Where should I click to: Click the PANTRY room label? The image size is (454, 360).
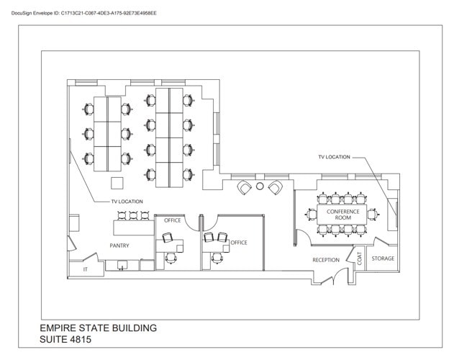pyautogui.click(x=119, y=246)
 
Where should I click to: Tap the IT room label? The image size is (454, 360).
pyautogui.click(x=85, y=269)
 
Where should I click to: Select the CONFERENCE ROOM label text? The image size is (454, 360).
pyautogui.click(x=343, y=214)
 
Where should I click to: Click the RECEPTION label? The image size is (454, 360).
pyautogui.click(x=325, y=260)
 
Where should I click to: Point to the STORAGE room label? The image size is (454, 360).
pyautogui.click(x=383, y=258)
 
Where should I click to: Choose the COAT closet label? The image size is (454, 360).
pyautogui.click(x=360, y=258)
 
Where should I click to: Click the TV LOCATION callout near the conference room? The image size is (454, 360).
pyautogui.click(x=334, y=157)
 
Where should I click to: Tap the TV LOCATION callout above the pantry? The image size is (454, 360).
pyautogui.click(x=127, y=202)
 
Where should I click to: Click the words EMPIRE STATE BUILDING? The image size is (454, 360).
pyautogui.click(x=99, y=328)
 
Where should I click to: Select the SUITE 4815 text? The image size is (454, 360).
pyautogui.click(x=65, y=339)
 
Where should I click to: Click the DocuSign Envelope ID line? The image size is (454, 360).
pyautogui.click(x=84, y=13)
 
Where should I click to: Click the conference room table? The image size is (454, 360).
pyautogui.click(x=343, y=214)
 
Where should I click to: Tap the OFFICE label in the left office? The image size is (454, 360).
pyautogui.click(x=172, y=220)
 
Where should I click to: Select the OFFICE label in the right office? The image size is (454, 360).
pyautogui.click(x=239, y=243)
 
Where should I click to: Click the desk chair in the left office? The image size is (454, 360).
pyautogui.click(x=171, y=257)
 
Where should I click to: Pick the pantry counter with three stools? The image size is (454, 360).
pyautogui.click(x=134, y=228)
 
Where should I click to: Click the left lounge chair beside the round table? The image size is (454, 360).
pyautogui.click(x=245, y=187)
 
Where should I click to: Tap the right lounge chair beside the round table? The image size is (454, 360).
pyautogui.click(x=275, y=188)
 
